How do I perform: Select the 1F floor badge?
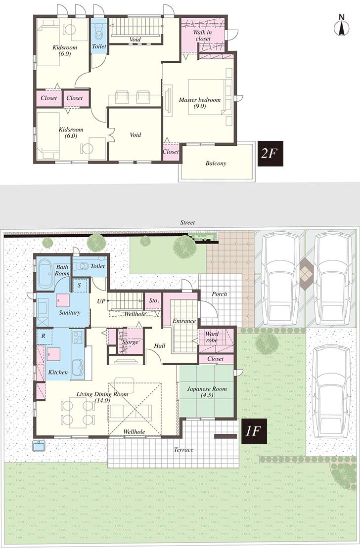[x=253, y=430]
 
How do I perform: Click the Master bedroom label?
[x=199, y=103]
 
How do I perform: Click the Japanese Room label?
[x=207, y=392]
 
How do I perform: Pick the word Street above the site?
[x=187, y=223]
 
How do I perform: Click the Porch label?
[x=219, y=294]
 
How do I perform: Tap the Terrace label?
[x=183, y=450]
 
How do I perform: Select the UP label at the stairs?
[x=101, y=301]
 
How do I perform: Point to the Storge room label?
[x=130, y=341]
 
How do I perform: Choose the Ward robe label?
[x=212, y=337]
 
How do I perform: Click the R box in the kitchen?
[x=44, y=336]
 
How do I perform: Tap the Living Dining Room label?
[x=102, y=397]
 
